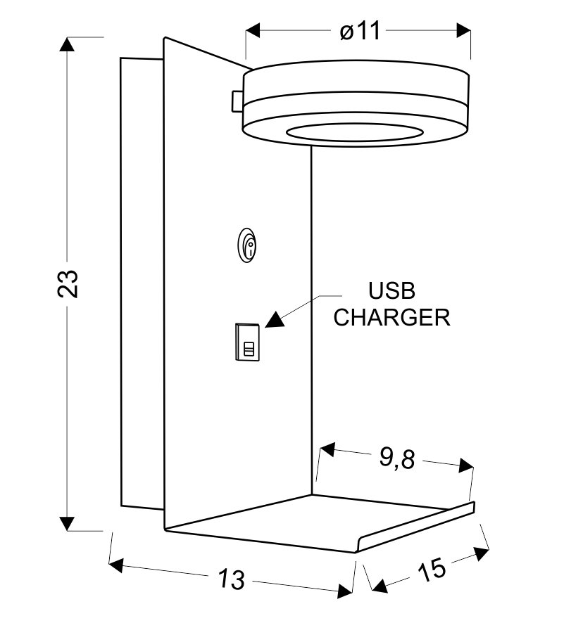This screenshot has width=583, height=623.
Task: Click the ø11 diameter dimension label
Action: (x=359, y=32)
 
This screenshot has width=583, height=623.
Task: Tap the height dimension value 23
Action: (x=68, y=284)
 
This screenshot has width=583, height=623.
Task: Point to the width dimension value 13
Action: (x=231, y=579)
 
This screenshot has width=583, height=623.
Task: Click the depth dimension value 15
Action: (x=432, y=569)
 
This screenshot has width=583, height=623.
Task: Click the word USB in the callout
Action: (x=392, y=290)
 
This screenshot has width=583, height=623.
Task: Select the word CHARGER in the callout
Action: (x=391, y=317)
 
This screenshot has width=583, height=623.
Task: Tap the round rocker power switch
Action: (x=249, y=245)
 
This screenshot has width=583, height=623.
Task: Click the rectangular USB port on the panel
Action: (x=247, y=342)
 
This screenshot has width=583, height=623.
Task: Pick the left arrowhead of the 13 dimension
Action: (x=117, y=565)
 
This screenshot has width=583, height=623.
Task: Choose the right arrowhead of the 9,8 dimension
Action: (x=465, y=465)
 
